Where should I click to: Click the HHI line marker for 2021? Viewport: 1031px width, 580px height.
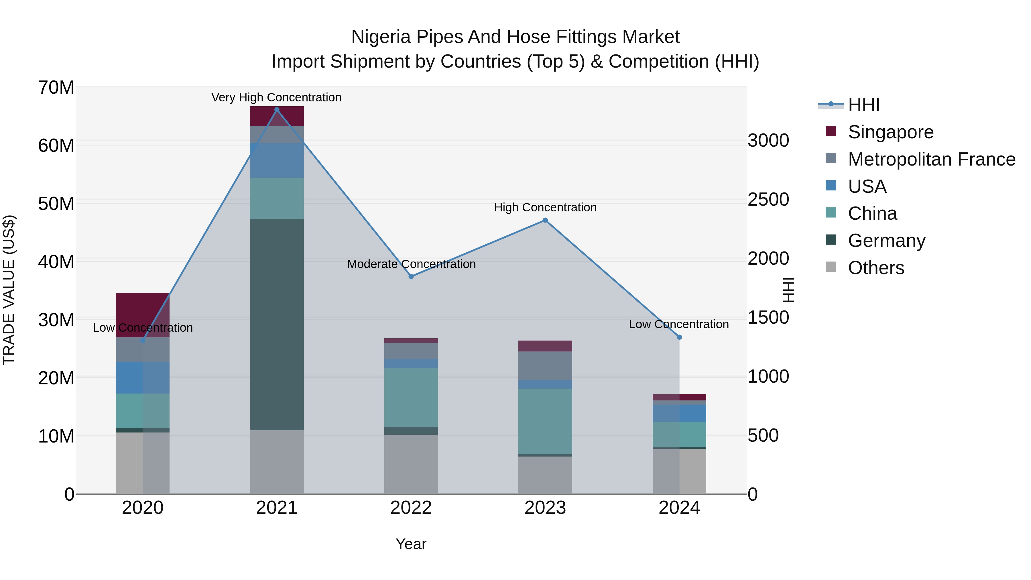coord(277,110)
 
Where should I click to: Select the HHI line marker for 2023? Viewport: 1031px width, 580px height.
coord(545,220)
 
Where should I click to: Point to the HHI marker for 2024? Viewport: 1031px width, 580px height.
coord(679,337)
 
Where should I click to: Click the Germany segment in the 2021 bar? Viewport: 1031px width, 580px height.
coord(277,324)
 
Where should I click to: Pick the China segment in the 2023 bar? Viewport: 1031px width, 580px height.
coord(545,421)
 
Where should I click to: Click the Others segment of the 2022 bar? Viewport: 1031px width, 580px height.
coord(411,464)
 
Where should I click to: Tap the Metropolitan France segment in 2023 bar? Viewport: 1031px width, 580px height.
coord(545,365)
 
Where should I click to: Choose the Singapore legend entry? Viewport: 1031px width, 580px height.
coord(890,132)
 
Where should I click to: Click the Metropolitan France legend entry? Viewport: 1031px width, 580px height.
coord(931,159)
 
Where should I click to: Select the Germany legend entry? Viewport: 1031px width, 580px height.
coord(886,241)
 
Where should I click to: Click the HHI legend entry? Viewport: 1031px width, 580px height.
coord(863,105)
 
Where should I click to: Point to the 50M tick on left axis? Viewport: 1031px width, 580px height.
coord(56,204)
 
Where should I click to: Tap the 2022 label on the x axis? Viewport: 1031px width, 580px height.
coord(411,508)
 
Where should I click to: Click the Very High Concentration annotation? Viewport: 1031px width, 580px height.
coord(276,97)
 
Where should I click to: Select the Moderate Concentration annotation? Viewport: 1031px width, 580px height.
coord(411,264)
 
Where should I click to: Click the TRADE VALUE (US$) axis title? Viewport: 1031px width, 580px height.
coord(9,290)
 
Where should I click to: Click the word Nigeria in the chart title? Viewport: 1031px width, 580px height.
coord(381,37)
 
